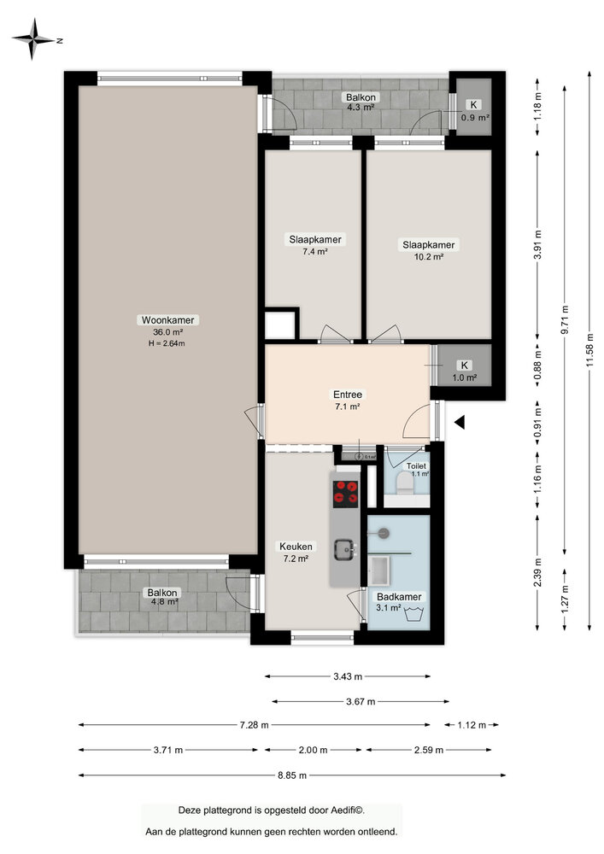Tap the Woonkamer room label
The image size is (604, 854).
coord(168,320)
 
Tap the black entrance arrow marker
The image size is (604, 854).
coord(459,422)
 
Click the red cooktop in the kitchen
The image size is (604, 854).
coord(347,492)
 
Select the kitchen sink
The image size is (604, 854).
coord(346,549)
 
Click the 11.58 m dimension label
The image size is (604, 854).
coord(590,352)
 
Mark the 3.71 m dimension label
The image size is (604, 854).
coord(167,750)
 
